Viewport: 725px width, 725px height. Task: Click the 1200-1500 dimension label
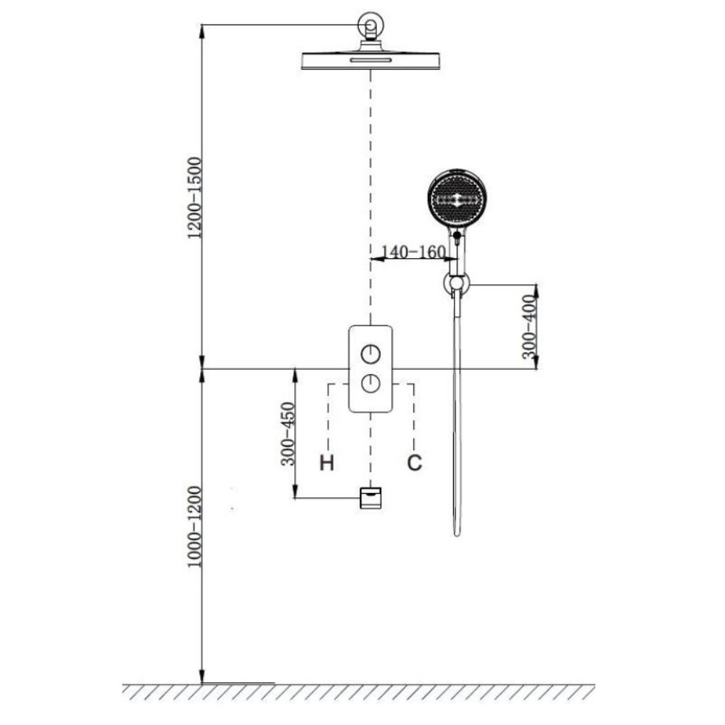click(195, 198)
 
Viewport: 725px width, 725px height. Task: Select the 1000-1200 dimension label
click(195, 526)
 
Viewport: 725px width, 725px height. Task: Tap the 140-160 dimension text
click(413, 252)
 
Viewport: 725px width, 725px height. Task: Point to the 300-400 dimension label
click(530, 326)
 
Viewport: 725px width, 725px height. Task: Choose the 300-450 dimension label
click(288, 434)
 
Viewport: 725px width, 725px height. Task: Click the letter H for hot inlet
click(327, 463)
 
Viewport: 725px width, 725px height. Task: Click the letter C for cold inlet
click(414, 463)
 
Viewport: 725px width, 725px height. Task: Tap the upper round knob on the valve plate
click(370, 355)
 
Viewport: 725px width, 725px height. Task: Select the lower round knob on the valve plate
click(370, 384)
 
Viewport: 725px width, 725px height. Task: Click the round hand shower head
click(457, 199)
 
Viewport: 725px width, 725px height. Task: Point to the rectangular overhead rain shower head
click(370, 61)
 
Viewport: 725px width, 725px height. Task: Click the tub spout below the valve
click(370, 498)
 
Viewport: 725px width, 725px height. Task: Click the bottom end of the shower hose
click(457, 535)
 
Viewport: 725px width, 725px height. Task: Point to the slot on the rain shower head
click(370, 59)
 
